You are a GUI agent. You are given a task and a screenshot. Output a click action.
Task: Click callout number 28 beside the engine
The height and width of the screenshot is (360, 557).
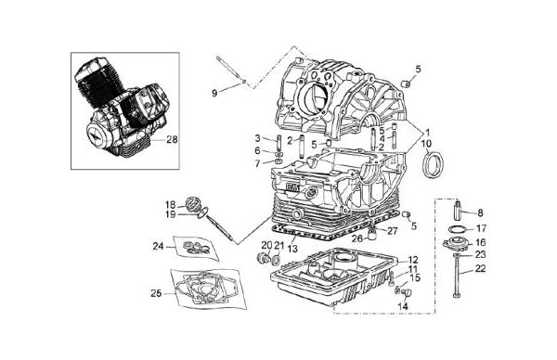tap(172, 139)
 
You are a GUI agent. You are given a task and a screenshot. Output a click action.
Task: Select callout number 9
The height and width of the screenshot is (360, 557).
tap(214, 94)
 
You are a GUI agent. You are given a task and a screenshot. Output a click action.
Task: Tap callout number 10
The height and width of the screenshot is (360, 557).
tap(426, 144)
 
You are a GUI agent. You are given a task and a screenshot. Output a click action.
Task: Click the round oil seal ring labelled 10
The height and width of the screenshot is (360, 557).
tap(433, 165)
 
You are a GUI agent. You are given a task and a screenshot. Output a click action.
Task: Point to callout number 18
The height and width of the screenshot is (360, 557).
tap(171, 205)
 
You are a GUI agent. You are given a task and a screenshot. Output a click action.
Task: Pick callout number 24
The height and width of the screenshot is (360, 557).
tap(158, 246)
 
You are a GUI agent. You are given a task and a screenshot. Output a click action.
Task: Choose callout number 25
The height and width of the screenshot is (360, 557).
tap(156, 293)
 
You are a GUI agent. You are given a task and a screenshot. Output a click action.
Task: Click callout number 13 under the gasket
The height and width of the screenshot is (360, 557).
tap(292, 249)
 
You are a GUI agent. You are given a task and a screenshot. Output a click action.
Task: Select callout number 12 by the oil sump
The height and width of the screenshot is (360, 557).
tap(413, 260)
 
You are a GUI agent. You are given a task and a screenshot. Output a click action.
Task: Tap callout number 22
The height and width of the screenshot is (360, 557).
tap(480, 269)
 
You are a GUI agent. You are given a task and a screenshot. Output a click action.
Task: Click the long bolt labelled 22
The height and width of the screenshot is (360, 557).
tap(457, 276)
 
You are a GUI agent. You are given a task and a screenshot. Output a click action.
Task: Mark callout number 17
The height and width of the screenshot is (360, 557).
tap(481, 228)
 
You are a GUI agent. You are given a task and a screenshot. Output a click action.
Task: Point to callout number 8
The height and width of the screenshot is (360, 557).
tap(480, 213)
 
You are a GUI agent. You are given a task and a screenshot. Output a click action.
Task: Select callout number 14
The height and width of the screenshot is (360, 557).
tap(403, 306)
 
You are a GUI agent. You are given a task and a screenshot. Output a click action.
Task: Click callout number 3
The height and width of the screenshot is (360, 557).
tap(257, 138)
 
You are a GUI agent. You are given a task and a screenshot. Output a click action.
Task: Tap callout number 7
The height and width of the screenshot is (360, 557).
tap(257, 163)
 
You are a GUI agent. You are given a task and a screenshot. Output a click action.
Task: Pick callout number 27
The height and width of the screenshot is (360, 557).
tap(392, 231)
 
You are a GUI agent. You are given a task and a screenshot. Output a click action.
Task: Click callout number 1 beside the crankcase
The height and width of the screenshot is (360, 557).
tap(427, 133)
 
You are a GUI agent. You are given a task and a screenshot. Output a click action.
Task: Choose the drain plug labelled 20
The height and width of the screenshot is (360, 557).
tap(263, 258)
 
